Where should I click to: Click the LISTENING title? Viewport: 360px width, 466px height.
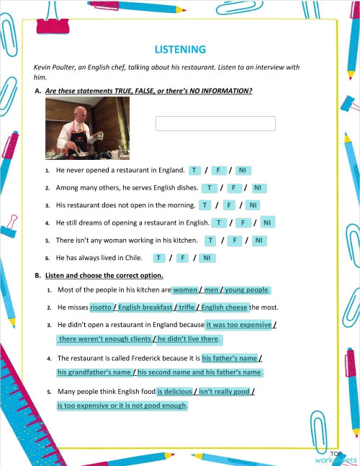tap(180, 49)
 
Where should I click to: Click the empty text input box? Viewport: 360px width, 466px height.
tap(215, 124)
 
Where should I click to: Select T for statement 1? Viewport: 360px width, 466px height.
tap(194, 171)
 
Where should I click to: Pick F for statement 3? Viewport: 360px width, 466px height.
tap(228, 205)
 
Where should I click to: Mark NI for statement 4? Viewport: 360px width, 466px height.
tap(266, 223)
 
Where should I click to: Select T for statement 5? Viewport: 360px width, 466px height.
tap(211, 240)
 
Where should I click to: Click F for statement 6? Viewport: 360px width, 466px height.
tap(183, 258)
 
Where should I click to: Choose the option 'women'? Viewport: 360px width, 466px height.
tap(185, 290)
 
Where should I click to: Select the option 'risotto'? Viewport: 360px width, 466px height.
tap(101, 308)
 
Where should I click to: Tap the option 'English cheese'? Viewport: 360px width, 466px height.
tap(224, 308)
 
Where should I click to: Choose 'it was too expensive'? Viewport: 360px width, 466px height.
tap(239, 325)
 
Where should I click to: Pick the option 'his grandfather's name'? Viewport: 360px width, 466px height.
tap(94, 372)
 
